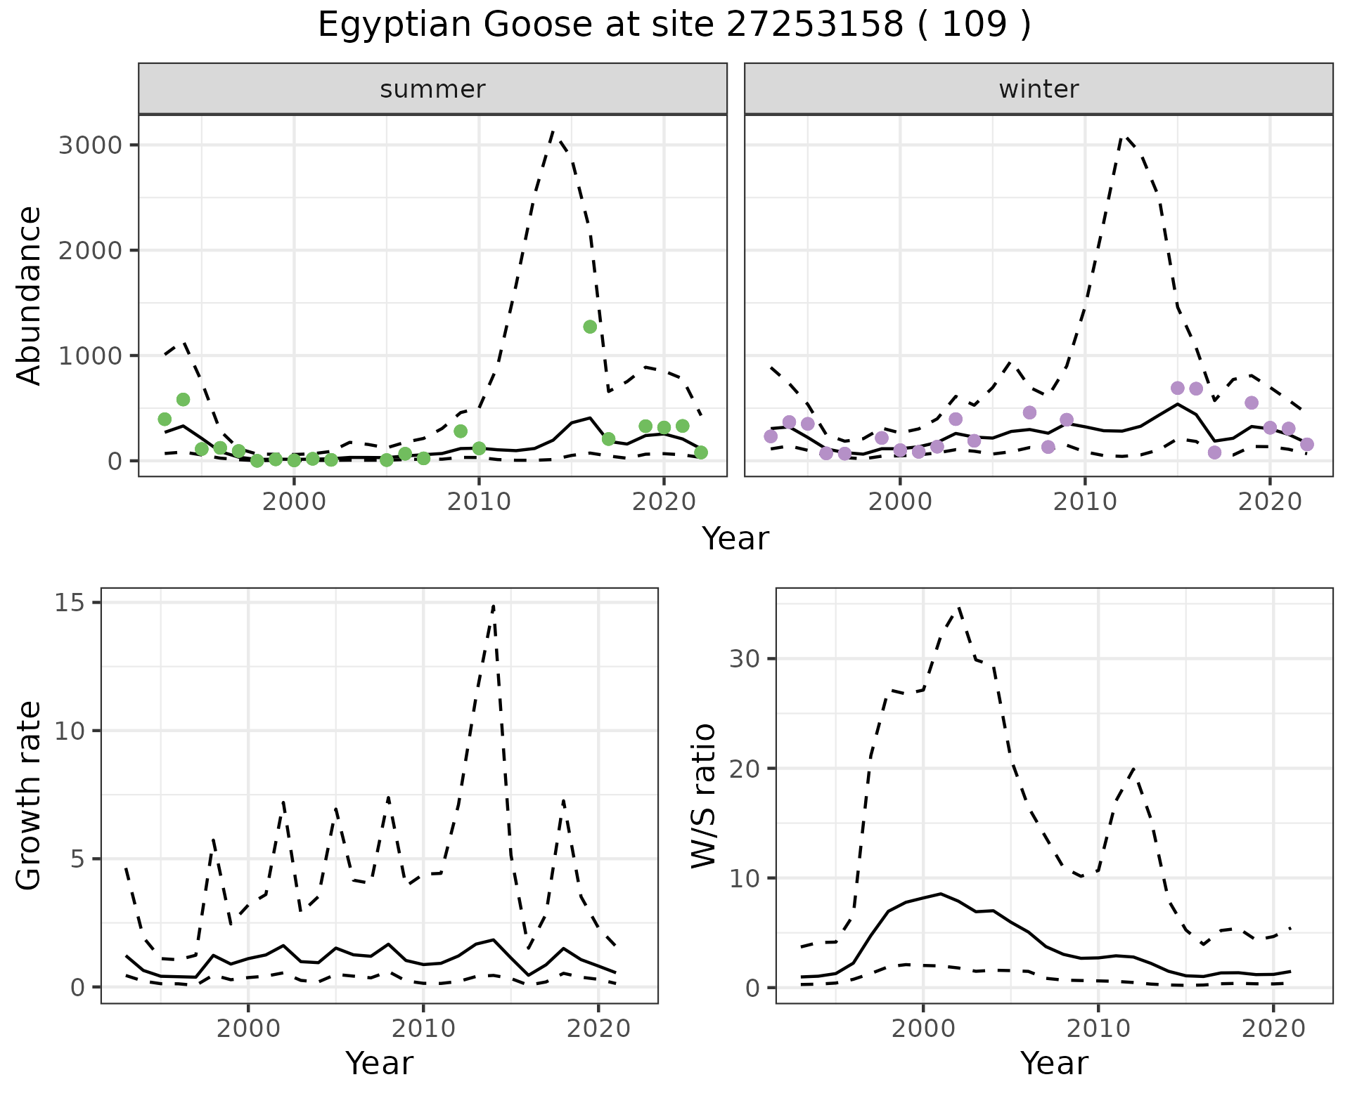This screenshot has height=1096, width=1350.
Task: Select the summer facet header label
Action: (x=432, y=89)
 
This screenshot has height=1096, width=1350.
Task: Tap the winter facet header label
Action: (x=1039, y=89)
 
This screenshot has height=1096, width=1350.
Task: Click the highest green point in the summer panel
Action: (x=590, y=327)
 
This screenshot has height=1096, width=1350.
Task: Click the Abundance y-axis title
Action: (x=30, y=295)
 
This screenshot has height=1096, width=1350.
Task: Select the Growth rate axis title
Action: (x=30, y=795)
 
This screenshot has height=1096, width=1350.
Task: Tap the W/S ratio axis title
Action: (x=704, y=795)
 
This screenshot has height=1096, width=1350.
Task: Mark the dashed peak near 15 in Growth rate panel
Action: (x=494, y=606)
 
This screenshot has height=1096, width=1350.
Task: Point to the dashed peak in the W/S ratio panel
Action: (x=959, y=608)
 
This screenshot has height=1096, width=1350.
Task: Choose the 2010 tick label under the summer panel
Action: (x=479, y=502)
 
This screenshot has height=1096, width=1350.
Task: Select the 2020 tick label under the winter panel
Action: (x=1270, y=502)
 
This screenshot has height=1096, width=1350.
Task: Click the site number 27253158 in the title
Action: (x=814, y=25)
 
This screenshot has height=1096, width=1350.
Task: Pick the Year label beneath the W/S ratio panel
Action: (x=1054, y=1064)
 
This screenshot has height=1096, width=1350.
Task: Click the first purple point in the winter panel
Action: (x=771, y=436)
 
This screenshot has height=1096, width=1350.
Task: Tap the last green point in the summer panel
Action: (x=700, y=452)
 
